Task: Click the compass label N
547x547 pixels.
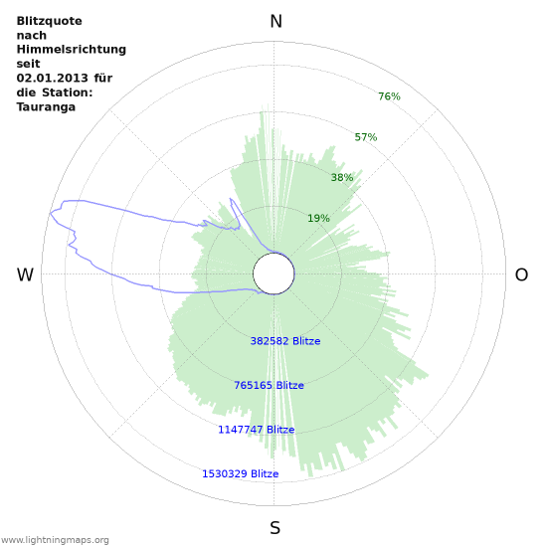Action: pyautogui.click(x=275, y=22)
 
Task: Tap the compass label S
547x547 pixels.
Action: pyautogui.click(x=275, y=527)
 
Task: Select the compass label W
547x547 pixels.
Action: pyautogui.click(x=26, y=275)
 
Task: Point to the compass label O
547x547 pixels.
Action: pyautogui.click(x=521, y=275)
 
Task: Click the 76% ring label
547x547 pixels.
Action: pyautogui.click(x=389, y=96)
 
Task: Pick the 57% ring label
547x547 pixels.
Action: pyautogui.click(x=366, y=137)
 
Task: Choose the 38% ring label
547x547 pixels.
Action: pyautogui.click(x=342, y=178)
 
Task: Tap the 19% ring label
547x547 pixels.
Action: pyautogui.click(x=318, y=219)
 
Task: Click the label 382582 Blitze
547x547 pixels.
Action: pyautogui.click(x=285, y=341)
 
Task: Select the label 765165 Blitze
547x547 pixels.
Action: pyautogui.click(x=269, y=386)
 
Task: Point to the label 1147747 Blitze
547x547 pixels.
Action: pyautogui.click(x=256, y=430)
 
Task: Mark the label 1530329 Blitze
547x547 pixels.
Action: pyautogui.click(x=240, y=474)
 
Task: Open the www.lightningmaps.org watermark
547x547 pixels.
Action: pyautogui.click(x=55, y=540)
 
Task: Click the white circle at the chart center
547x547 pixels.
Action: pyautogui.click(x=273, y=273)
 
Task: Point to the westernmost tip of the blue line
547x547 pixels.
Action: pyautogui.click(x=50, y=213)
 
